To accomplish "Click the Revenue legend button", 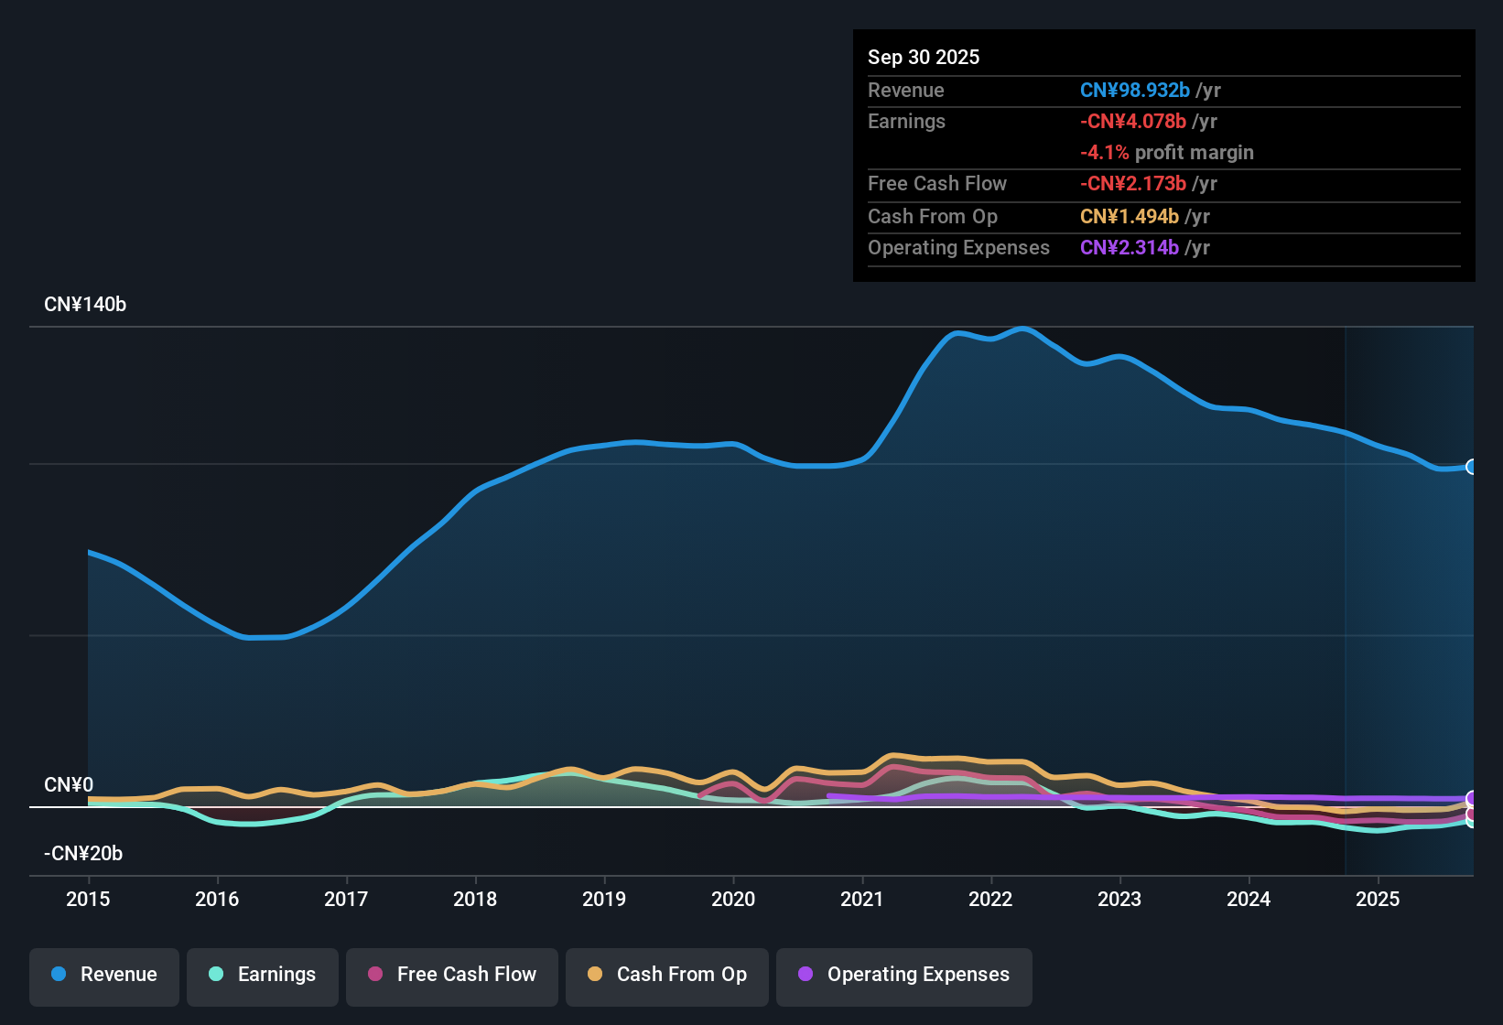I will tap(104, 975).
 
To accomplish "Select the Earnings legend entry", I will tap(263, 975).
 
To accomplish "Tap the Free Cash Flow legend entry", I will tap(452, 975).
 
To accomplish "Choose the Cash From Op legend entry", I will tap(667, 975).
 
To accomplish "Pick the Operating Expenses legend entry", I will tap(904, 975).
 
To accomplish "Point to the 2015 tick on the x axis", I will tap(88, 899).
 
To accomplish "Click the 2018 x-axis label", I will tap(475, 899).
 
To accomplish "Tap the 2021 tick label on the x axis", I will tap(862, 899).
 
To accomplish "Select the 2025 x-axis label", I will tap(1378, 899).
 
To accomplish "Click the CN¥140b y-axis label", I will tap(85, 305).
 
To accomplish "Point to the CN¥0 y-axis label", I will tap(69, 785).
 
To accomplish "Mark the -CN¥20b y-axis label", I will tap(83, 854).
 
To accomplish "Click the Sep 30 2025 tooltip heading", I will tap(924, 57).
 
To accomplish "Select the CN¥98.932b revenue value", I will tap(1135, 91).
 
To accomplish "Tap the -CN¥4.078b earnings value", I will tap(1133, 122).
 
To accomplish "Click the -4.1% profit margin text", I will tap(1167, 153).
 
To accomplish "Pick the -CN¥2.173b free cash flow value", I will tap(1133, 184).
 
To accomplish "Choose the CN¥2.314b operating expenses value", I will tap(1130, 248).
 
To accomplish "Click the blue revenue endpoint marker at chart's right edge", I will tap(1472, 467).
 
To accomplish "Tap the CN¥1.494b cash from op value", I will tap(1130, 217).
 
